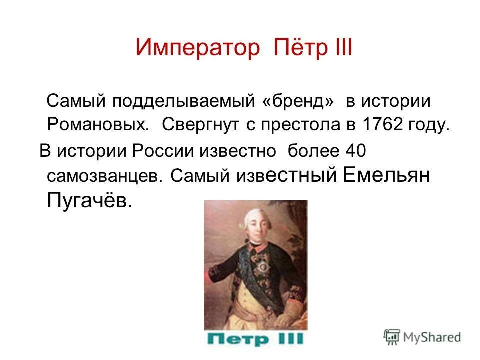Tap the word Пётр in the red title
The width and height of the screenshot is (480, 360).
[x=297, y=48]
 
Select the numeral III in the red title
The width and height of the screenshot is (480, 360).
[x=341, y=48]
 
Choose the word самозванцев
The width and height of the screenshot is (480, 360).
[x=105, y=176]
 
